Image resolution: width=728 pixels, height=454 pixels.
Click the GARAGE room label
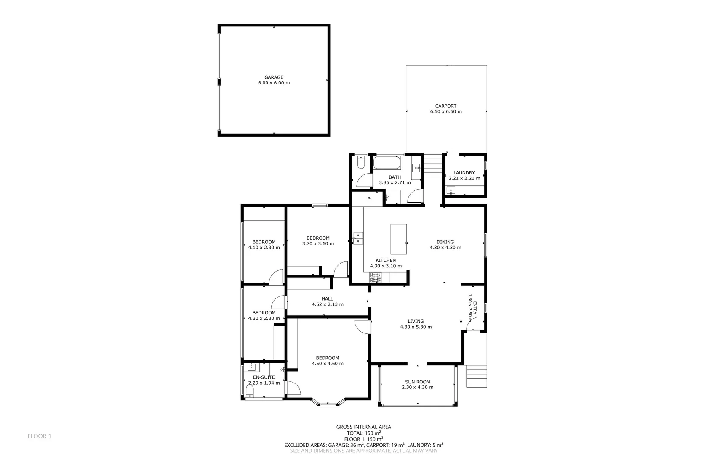pos(274,77)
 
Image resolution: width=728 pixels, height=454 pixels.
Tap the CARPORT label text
pos(446,106)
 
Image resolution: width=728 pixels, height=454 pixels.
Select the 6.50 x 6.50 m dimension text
pos(446,112)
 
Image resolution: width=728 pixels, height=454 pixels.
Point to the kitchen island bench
pos(399,239)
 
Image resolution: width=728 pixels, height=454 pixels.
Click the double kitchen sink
pos(358,238)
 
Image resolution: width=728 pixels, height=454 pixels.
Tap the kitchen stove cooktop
pos(376,277)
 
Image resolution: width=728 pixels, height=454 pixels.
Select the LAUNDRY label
pos(464,173)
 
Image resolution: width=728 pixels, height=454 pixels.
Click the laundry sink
pos(451,191)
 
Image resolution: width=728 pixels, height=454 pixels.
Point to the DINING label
pos(445,242)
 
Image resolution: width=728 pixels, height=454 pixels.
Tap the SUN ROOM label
pos(418,382)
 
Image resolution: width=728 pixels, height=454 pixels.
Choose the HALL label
pos(327,299)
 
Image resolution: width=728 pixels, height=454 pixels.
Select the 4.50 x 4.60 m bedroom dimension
pos(328,364)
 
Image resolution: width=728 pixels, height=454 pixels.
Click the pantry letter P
pos(369,198)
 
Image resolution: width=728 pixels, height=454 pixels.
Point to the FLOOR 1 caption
pos(39,436)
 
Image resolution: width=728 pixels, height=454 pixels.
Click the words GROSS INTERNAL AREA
pos(364,427)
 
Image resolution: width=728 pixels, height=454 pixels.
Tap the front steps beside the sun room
pos(476,376)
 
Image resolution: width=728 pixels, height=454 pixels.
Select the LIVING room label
pos(416,321)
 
